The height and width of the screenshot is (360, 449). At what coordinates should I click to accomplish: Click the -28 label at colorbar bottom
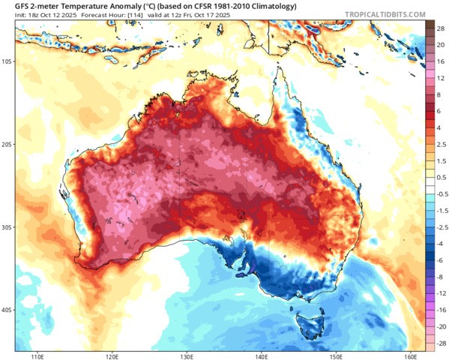[440, 342]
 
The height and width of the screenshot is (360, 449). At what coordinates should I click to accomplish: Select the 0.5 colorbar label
[440, 177]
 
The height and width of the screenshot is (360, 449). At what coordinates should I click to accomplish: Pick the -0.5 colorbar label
[440, 192]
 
